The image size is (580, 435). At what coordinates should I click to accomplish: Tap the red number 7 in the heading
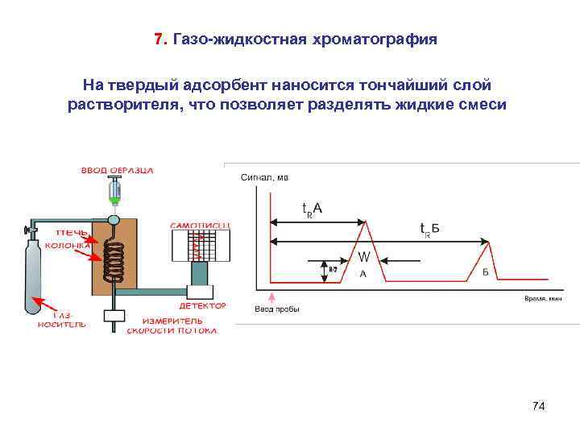pyautogui.click(x=159, y=39)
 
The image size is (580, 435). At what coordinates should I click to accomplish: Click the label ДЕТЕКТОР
pyautogui.click(x=202, y=306)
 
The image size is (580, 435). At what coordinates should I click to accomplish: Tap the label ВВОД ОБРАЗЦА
pyautogui.click(x=117, y=171)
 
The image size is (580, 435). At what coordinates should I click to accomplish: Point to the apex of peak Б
pyautogui.click(x=486, y=242)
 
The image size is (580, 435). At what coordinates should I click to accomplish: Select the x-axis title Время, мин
pyautogui.click(x=543, y=298)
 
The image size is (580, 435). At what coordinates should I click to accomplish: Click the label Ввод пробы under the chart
pyautogui.click(x=276, y=309)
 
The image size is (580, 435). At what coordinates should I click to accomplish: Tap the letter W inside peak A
pyautogui.click(x=364, y=257)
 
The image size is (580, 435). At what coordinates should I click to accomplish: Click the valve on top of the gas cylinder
pyautogui.click(x=33, y=230)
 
